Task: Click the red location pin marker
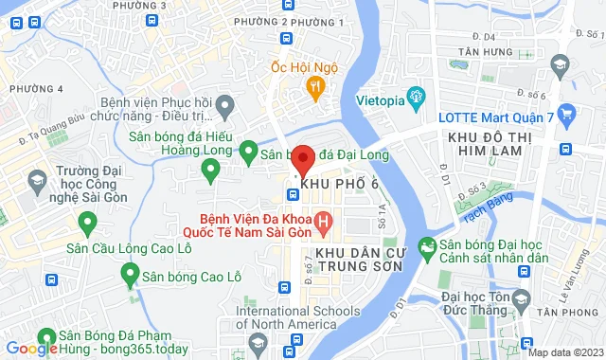pyautogui.click(x=302, y=160)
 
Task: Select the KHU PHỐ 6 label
pyautogui.click(x=344, y=182)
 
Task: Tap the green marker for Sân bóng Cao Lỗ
pyautogui.click(x=131, y=276)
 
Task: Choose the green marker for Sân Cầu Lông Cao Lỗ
pyautogui.click(x=88, y=224)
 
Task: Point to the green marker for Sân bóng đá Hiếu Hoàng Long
pyautogui.click(x=210, y=170)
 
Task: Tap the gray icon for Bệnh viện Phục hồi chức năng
pyautogui.click(x=224, y=102)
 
